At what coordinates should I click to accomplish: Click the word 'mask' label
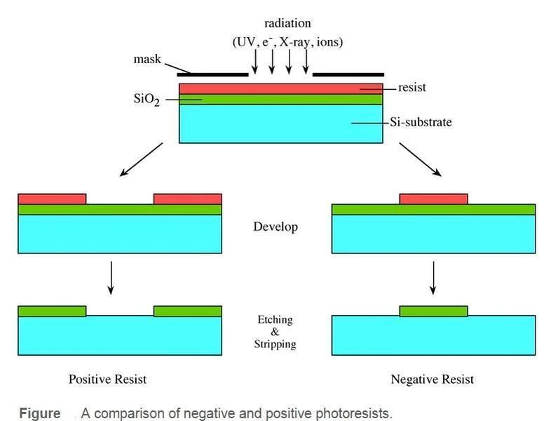147,59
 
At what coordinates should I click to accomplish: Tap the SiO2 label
147,99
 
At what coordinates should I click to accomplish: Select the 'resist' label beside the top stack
411,87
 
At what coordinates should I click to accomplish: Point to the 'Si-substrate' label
421,122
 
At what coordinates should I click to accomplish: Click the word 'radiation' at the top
287,23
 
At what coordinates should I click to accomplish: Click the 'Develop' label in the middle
275,227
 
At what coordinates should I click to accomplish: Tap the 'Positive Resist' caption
107,379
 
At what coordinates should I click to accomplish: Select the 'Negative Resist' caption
432,379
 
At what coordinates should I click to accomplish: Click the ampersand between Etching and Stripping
275,332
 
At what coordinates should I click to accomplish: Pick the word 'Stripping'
275,344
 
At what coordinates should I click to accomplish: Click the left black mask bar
213,74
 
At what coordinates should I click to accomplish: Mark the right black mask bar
348,74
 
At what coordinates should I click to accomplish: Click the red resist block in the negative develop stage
433,199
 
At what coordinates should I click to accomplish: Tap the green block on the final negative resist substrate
433,311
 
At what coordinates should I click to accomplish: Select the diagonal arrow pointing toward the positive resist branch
142,159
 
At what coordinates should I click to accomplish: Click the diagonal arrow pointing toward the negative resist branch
421,159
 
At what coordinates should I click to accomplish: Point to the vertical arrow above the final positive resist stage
111,278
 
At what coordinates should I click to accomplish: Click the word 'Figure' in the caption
40,413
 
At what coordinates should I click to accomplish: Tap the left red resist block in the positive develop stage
52,199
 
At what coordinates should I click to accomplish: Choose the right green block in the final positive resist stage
188,311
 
